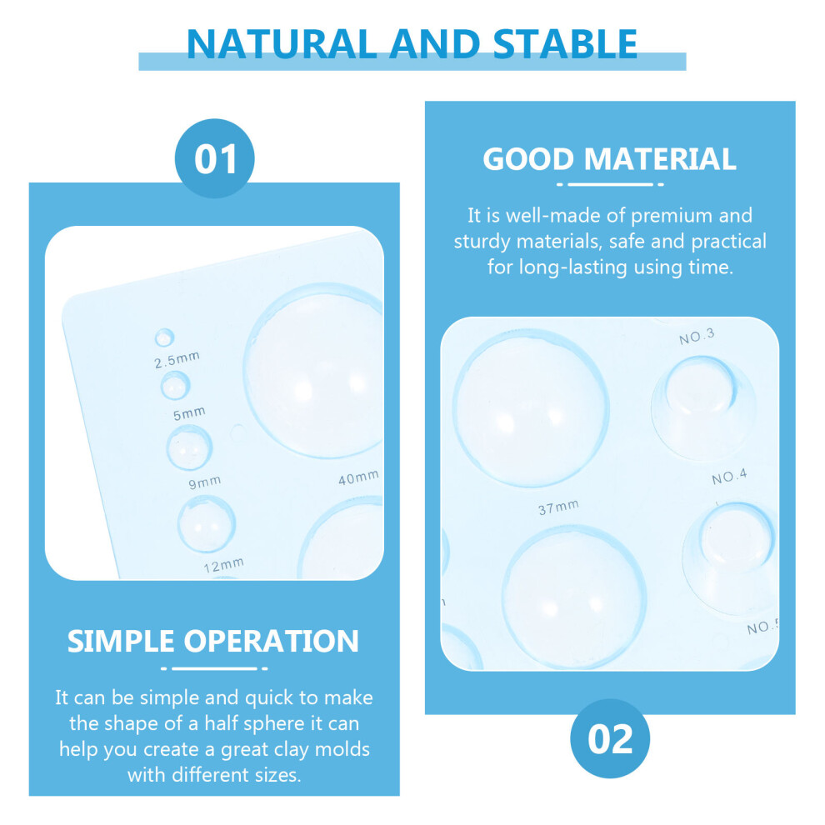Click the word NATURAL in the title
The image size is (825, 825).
tap(282, 43)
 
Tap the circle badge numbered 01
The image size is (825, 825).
tap(215, 158)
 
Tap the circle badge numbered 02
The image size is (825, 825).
tap(610, 738)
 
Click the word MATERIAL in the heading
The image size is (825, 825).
tap(660, 159)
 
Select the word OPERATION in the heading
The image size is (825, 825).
tap(271, 641)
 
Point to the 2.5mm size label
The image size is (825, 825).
tap(177, 360)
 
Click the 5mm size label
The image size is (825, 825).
tap(189, 413)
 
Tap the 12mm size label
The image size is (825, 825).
tap(223, 565)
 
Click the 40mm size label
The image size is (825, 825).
tap(358, 477)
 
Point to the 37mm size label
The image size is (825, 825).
tap(558, 507)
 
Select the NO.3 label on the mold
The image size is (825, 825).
tap(697, 337)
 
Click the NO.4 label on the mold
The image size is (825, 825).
tap(728, 477)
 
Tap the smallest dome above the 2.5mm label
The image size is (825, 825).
tap(164, 337)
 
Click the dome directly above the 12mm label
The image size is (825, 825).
tap(207, 523)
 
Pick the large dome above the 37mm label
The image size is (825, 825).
tap(531, 407)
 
